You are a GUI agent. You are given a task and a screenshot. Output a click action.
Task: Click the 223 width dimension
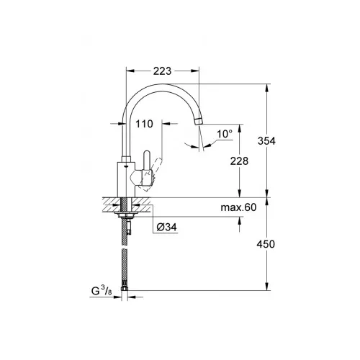click(162, 71)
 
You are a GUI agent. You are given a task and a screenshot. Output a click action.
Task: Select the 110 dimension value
click(144, 124)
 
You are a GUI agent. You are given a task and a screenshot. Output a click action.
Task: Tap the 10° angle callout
click(225, 134)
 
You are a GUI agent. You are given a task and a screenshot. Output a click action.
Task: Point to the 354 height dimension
click(266, 140)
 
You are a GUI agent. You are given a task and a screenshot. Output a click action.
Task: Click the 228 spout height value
click(239, 161)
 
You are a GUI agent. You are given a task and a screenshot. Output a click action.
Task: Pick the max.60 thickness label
click(238, 207)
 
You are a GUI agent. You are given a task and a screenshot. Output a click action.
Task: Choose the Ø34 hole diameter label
click(167, 227)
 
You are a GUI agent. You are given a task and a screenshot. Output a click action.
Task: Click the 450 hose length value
click(266, 244)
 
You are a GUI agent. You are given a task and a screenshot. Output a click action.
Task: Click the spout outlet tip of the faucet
click(199, 121)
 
